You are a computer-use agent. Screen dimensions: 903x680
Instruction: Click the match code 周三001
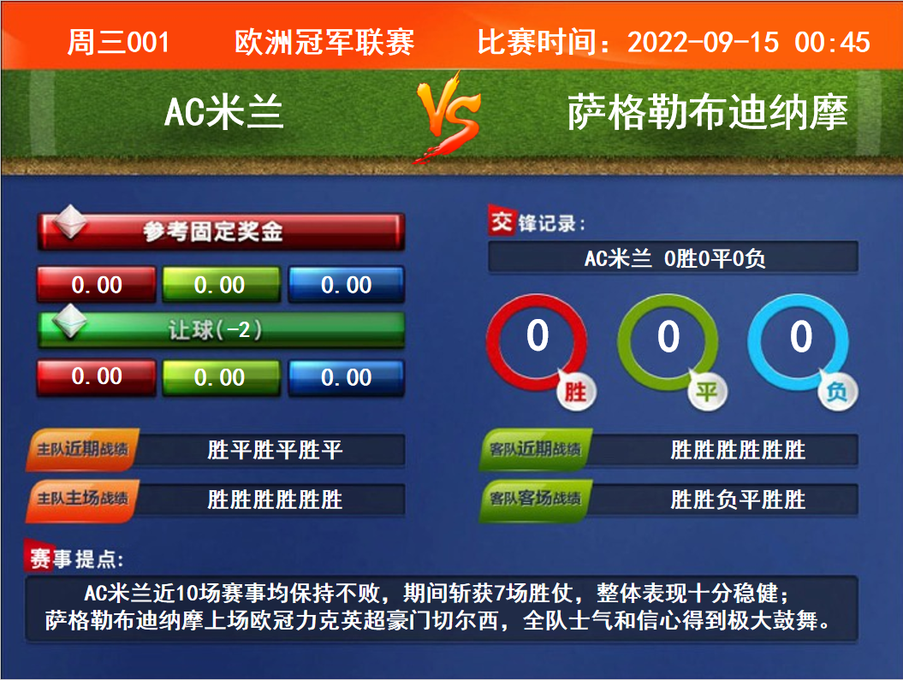click(118, 43)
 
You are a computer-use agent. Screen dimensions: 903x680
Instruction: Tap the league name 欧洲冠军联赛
click(324, 43)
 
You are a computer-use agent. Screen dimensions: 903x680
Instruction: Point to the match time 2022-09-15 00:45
click(749, 43)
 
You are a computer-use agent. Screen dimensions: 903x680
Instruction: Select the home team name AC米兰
click(224, 111)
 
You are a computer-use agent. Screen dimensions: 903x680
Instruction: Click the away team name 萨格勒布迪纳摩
click(707, 112)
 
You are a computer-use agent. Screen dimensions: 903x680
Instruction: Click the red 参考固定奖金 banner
click(221, 231)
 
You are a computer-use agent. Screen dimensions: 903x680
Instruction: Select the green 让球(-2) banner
click(221, 330)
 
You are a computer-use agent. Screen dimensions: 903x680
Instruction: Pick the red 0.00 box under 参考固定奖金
click(96, 284)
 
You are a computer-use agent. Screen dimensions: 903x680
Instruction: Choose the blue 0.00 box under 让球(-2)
click(346, 377)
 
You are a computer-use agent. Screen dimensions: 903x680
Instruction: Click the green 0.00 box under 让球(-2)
click(221, 377)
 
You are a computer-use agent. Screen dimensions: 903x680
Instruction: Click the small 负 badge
click(838, 392)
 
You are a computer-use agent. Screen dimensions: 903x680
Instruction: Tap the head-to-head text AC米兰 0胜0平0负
click(674, 258)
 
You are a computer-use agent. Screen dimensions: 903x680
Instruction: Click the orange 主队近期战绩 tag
click(82, 449)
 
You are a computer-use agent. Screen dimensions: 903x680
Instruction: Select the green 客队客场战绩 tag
click(535, 500)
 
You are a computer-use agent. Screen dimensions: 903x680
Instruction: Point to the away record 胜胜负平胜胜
click(738, 499)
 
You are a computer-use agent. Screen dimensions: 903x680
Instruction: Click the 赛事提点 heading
click(74, 558)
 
